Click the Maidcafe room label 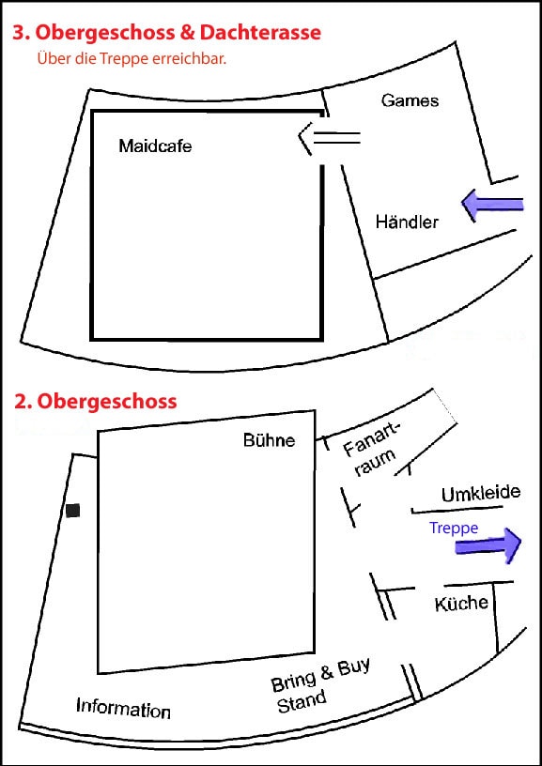coord(155,146)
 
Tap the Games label coord(410,100)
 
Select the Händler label coord(407,222)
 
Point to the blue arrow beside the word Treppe coord(488,545)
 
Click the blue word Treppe coord(454,529)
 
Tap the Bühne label coord(270,440)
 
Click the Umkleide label coord(481,494)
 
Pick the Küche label coord(461,604)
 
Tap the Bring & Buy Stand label coord(320,685)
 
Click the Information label coord(123,708)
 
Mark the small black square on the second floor coord(73,511)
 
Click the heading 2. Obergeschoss coord(95,402)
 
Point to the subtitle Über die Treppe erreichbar coord(132,59)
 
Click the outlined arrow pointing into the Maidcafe coord(329,138)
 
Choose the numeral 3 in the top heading coord(19,33)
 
